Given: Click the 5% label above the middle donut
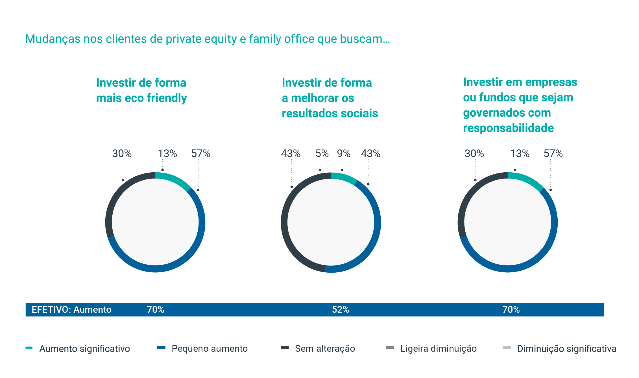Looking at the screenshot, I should [322, 154].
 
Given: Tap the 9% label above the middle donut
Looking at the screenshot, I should [344, 154].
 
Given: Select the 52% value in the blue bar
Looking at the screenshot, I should [341, 310].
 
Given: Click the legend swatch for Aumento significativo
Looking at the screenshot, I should [29, 348].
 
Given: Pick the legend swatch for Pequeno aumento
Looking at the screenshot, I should [161, 348].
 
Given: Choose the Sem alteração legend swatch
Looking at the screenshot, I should [285, 348].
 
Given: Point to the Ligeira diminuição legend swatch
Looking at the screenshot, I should [390, 348].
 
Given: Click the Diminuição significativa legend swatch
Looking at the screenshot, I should [507, 348].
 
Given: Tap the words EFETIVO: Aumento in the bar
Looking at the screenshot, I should [71, 310].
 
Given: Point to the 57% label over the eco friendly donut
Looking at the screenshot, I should [201, 154].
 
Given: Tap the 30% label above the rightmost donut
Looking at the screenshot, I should [474, 154].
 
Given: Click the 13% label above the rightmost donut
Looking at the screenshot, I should [520, 154].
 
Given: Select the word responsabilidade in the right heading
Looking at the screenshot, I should [508, 128].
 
